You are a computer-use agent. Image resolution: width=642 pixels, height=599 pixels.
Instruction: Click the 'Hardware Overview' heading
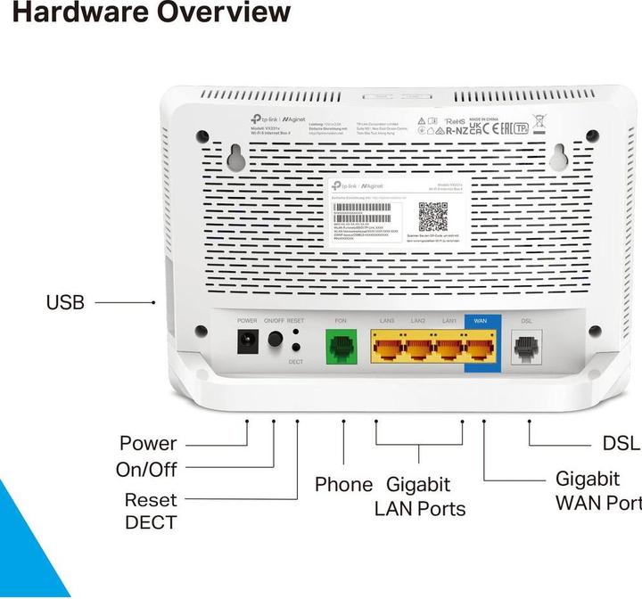[144, 12]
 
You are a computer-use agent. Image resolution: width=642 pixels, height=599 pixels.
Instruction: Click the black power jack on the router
[246, 341]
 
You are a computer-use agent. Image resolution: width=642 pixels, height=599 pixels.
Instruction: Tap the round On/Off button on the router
[275, 340]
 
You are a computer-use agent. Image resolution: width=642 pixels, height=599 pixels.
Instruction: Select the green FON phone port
[341, 345]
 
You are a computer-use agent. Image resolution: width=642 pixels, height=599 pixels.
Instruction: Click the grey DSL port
[526, 346]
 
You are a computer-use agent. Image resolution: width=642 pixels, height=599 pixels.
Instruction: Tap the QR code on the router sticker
[433, 217]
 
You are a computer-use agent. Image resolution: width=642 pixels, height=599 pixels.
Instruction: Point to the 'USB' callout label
[65, 303]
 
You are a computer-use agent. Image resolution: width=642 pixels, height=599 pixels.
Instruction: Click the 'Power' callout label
[148, 443]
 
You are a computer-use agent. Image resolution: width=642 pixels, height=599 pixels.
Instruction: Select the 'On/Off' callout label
[146, 470]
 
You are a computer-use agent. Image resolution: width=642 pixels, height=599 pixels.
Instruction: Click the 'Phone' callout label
[343, 485]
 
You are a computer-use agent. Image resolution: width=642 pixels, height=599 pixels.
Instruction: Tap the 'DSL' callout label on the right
[621, 443]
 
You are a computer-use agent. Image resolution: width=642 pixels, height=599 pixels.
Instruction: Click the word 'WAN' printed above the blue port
[481, 320]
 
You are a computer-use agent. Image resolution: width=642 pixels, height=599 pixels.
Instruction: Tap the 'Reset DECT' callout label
[150, 511]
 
